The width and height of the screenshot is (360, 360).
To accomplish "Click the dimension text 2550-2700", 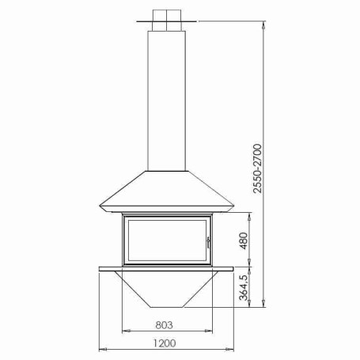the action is [257, 169].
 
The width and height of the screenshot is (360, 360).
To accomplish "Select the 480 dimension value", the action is [244, 241].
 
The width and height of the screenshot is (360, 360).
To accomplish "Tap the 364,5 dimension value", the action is [244, 287].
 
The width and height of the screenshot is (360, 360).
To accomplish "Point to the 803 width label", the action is [164, 325].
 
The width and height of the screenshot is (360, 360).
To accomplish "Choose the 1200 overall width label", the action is [165, 343].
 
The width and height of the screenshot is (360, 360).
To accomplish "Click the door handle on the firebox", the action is [208, 242].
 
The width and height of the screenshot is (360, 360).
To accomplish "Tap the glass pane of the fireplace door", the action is [167, 241].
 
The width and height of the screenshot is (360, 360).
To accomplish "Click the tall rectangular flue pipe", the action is [167, 100].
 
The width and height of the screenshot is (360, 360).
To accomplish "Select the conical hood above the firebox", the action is [167, 191].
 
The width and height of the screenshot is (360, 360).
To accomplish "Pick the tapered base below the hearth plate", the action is [167, 289].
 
